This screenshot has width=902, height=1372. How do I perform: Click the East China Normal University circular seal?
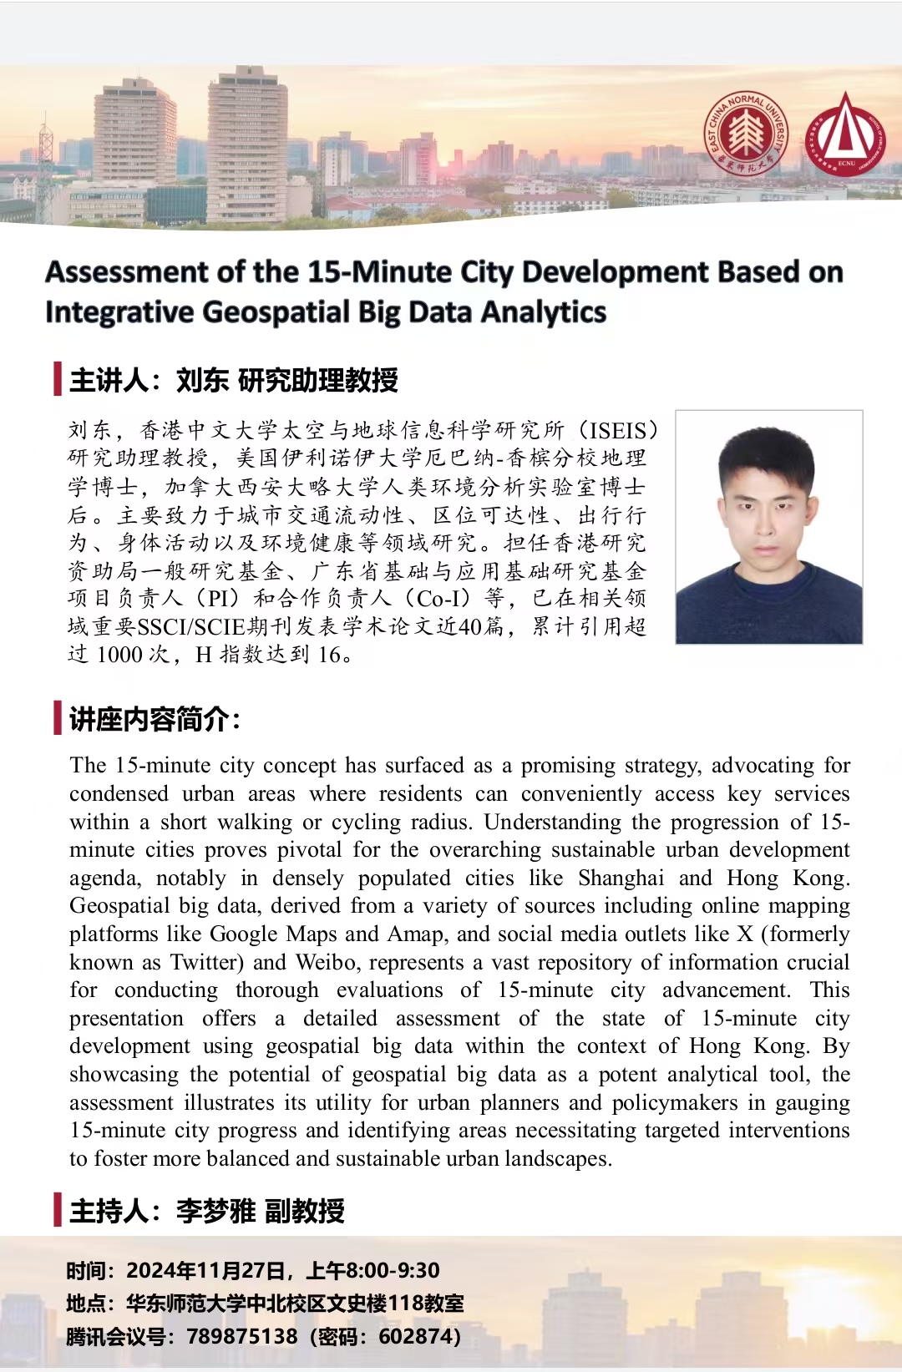tap(745, 134)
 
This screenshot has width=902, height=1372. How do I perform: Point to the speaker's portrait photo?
tap(768, 527)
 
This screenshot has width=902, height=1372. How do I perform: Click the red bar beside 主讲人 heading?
tap(58, 379)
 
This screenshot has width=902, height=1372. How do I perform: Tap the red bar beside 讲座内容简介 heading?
tap(58, 718)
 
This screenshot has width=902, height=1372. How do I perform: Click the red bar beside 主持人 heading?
tap(58, 1210)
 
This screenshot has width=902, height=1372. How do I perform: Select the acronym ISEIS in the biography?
tap(618, 431)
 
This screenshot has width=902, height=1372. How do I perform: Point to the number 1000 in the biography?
tap(120, 655)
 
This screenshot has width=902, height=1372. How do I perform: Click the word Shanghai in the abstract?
tap(621, 878)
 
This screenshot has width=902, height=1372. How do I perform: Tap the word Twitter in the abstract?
tap(205, 963)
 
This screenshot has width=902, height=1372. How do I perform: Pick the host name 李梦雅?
tap(215, 1211)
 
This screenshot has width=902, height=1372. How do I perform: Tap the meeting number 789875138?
tap(241, 1337)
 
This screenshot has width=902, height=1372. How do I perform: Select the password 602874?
tap(415, 1337)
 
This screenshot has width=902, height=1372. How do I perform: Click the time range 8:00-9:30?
tap(393, 1271)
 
